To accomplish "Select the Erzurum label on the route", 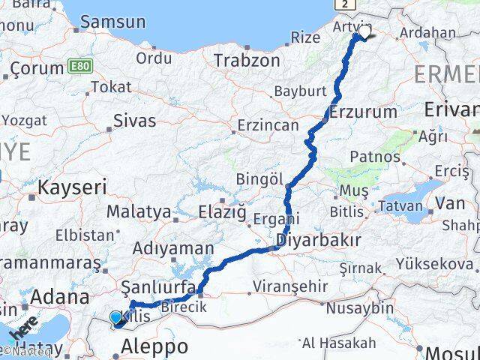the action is tap(364, 112).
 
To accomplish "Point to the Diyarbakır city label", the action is tap(319, 241).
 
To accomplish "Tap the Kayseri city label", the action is tap(73, 187).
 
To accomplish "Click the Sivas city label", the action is tap(135, 120).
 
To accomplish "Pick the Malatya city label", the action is tap(139, 212).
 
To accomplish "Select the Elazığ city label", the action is tap(222, 214).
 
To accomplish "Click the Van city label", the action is tap(451, 202).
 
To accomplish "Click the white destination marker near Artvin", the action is tap(364, 33).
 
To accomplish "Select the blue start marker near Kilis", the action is tap(115, 318).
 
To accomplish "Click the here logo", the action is tap(24, 330).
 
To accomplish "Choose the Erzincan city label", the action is tap(268, 125).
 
